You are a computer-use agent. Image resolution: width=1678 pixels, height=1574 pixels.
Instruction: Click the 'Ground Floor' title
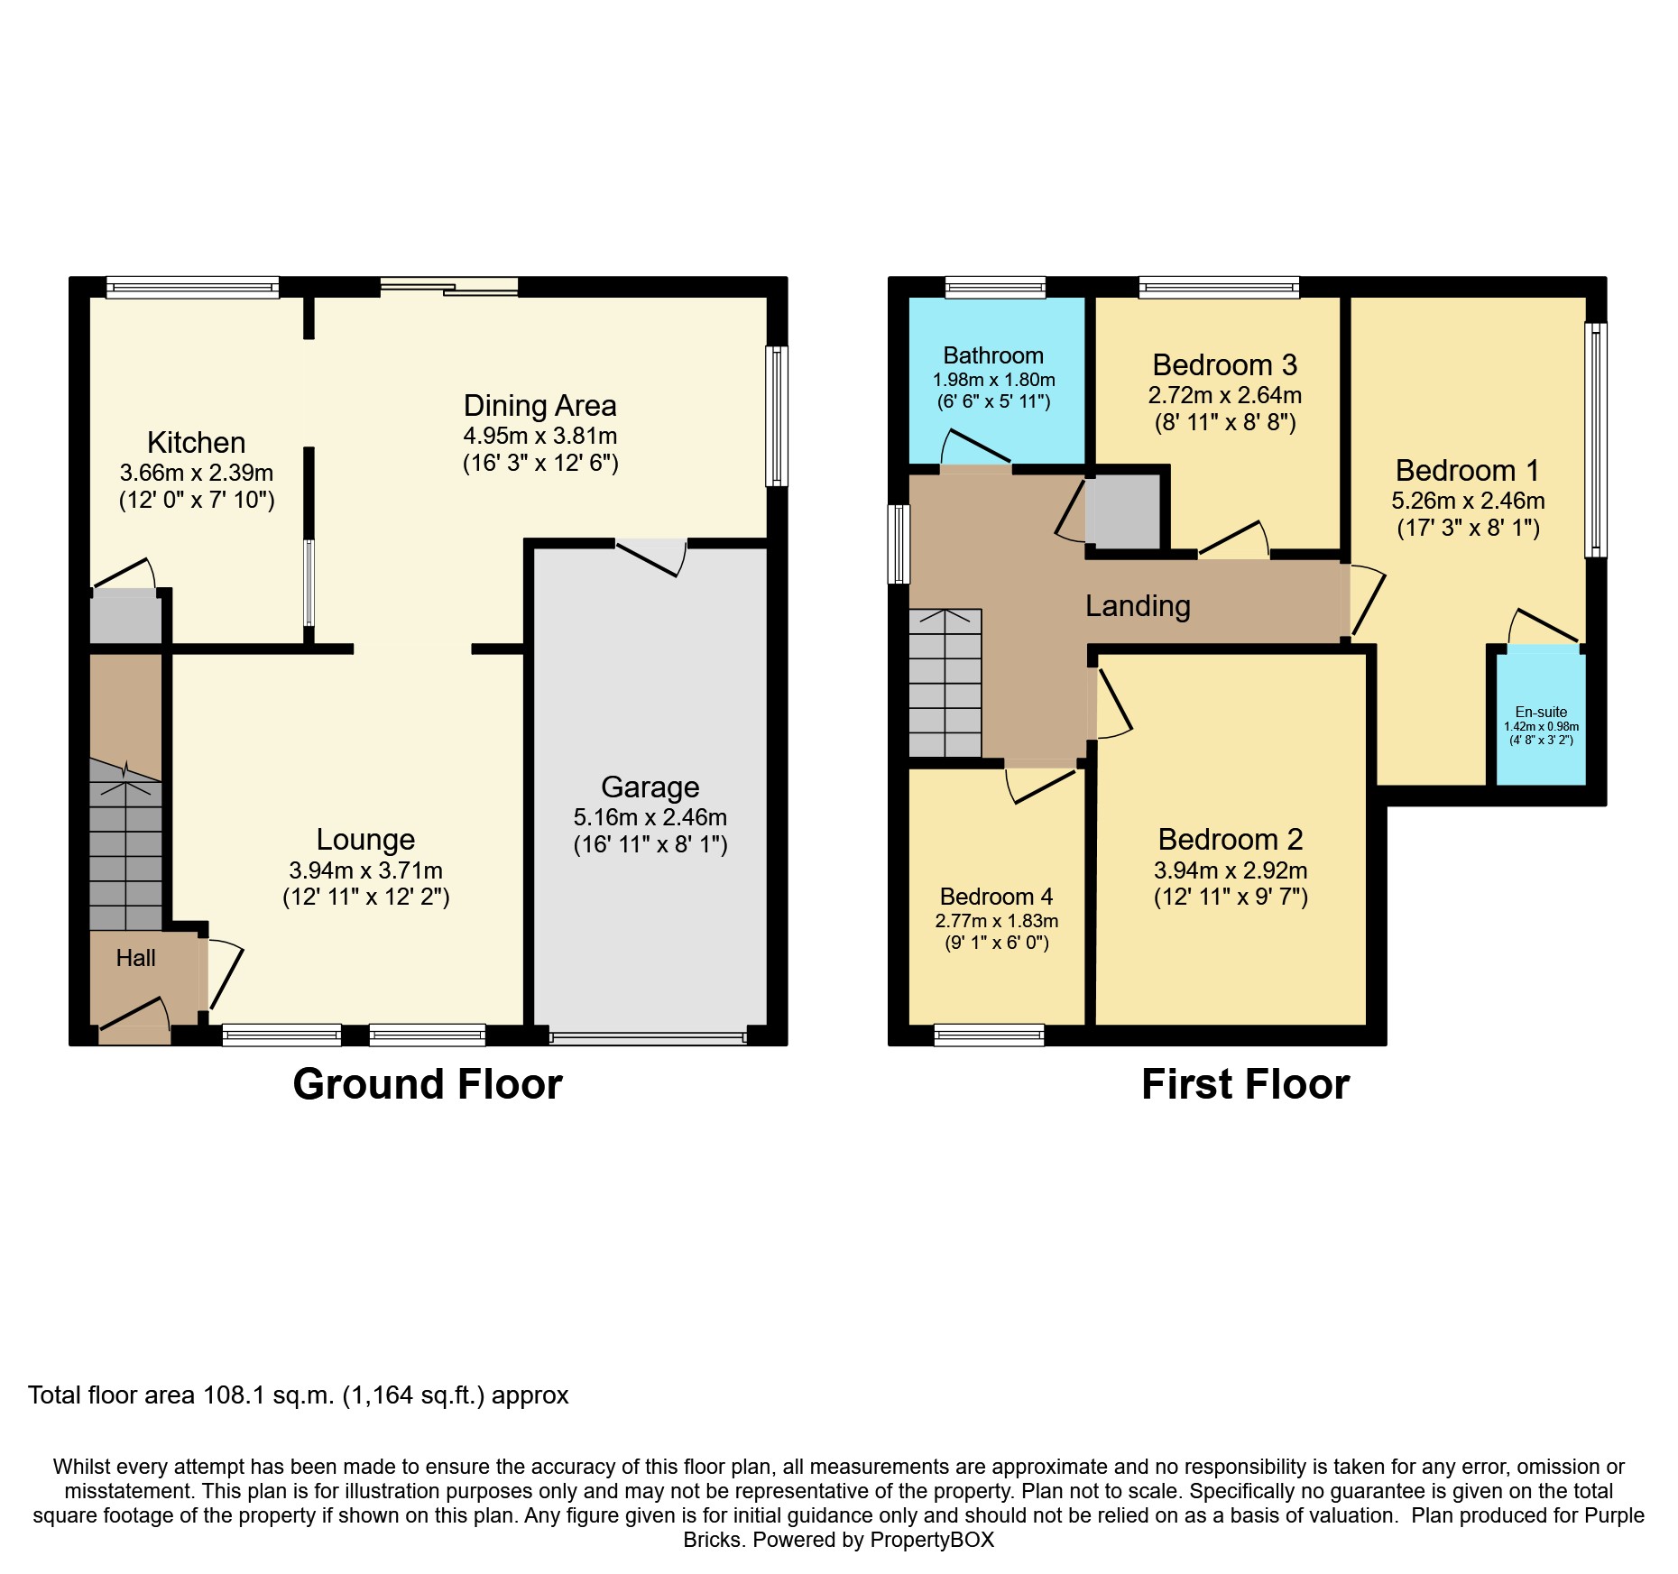click(x=428, y=1084)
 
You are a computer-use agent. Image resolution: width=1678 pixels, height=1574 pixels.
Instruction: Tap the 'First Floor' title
click(x=1245, y=1084)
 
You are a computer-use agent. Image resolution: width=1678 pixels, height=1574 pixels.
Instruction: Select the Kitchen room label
click(x=197, y=443)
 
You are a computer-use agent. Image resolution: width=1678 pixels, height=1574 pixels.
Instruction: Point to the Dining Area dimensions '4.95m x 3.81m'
click(x=540, y=437)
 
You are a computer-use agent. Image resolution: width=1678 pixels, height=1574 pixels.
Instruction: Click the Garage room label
click(x=650, y=787)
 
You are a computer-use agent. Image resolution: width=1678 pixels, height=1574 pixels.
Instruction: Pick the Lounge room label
click(x=365, y=840)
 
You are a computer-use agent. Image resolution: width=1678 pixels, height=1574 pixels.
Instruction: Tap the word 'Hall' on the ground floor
click(x=136, y=958)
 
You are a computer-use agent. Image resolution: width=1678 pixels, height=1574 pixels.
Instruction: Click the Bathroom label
click(x=993, y=355)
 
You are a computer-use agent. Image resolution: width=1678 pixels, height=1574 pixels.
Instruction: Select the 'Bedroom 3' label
click(x=1225, y=365)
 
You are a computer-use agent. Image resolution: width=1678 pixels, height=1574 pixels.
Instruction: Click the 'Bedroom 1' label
click(x=1468, y=471)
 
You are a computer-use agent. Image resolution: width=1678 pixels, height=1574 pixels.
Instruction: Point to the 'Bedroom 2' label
click(x=1231, y=840)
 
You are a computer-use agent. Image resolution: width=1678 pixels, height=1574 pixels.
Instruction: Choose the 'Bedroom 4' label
click(x=996, y=897)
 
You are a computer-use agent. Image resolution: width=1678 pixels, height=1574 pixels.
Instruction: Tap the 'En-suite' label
click(x=1541, y=712)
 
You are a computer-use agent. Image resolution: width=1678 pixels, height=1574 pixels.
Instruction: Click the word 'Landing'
click(x=1138, y=607)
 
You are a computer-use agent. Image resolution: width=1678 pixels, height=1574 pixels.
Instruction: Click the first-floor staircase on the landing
click(x=945, y=683)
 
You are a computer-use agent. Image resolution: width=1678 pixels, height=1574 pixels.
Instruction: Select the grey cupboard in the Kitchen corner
click(x=125, y=617)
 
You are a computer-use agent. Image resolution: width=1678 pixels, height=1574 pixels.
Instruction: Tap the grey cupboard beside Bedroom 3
click(x=1123, y=511)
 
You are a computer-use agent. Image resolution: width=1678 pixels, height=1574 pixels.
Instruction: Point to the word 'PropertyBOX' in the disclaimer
click(x=932, y=1540)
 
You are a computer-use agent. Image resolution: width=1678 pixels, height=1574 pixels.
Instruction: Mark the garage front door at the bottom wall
click(x=648, y=1038)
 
